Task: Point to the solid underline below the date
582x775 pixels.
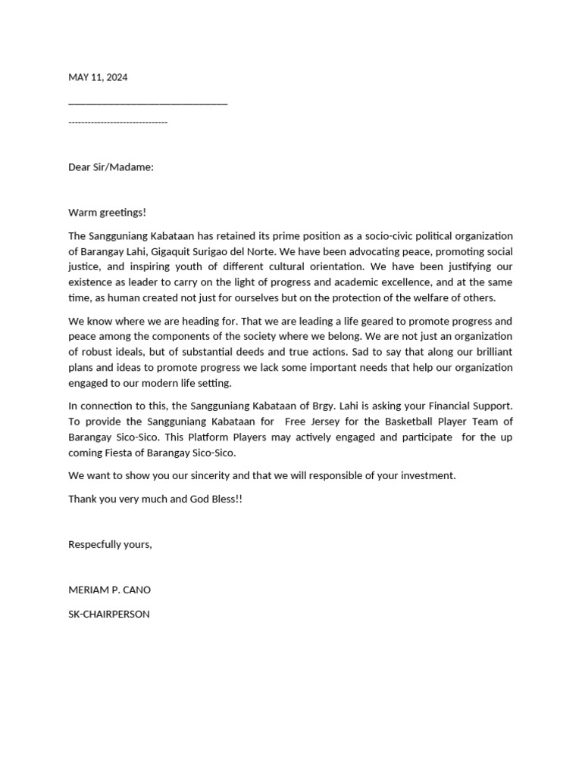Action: pos(148,104)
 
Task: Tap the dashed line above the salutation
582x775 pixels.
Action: pos(117,122)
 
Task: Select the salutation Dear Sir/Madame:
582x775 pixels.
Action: pos(111,167)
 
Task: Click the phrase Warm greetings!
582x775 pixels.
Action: pos(107,212)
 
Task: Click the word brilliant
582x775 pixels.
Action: pos(489,351)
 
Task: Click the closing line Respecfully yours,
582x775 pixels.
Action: pos(110,544)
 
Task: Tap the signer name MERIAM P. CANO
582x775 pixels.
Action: pos(114,590)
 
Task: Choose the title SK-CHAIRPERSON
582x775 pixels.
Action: pos(109,614)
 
